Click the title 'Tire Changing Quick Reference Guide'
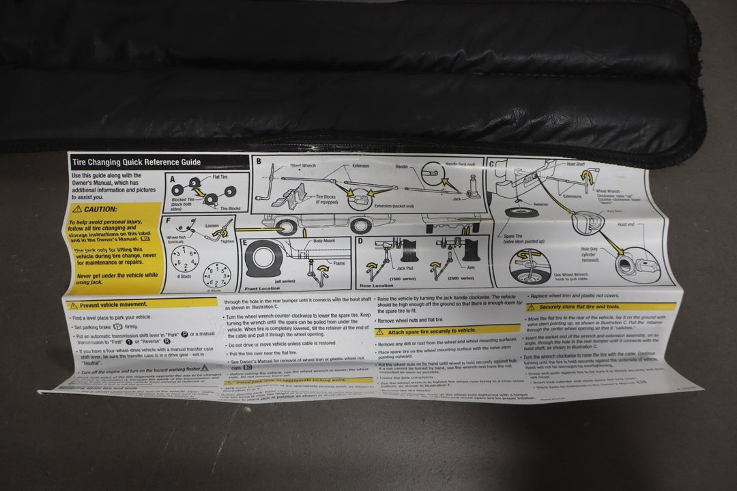[136, 162]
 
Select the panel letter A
[173, 180]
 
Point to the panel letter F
[168, 221]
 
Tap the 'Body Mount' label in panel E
[325, 241]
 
